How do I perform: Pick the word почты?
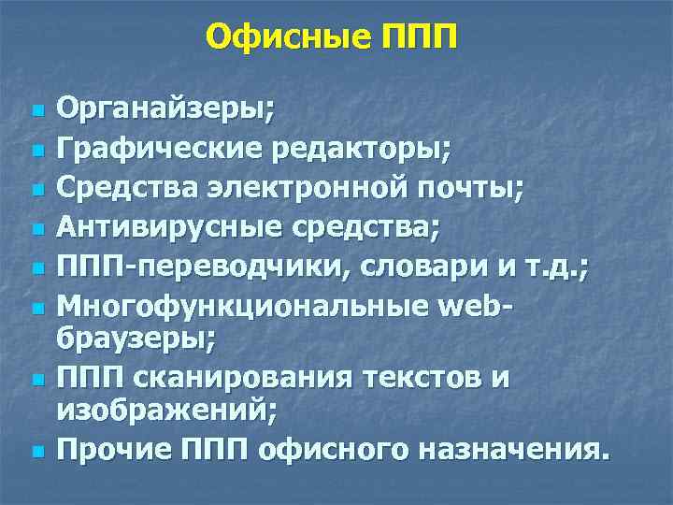click(476, 188)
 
